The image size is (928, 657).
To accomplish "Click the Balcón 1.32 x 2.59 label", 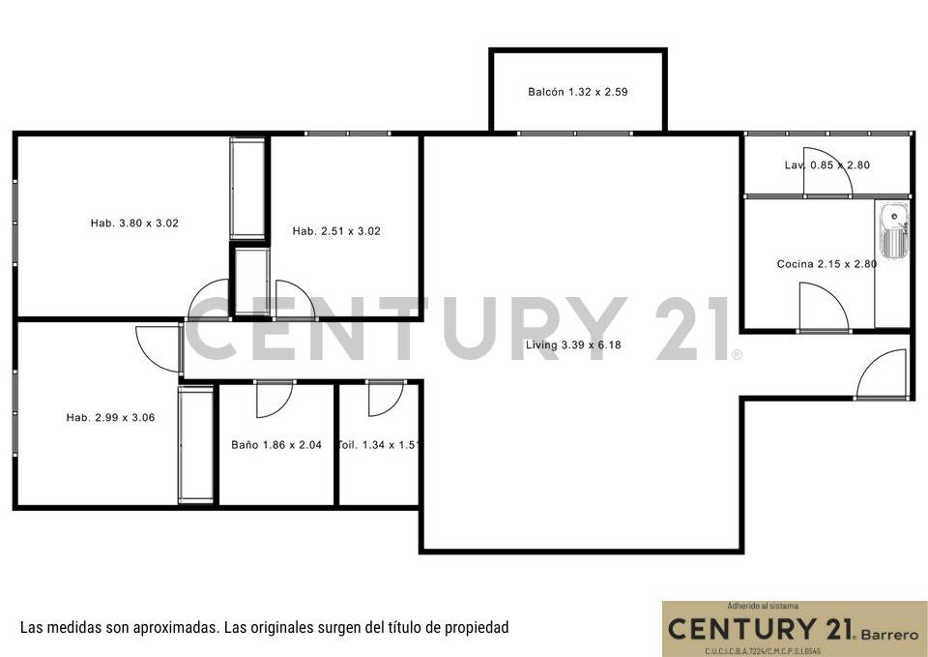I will click(578, 92).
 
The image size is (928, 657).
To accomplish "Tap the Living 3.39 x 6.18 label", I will click(573, 345).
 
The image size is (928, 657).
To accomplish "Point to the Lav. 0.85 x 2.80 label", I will click(826, 165).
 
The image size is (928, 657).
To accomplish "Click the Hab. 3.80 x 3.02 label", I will click(134, 224).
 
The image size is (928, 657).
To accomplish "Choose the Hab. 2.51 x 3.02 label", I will click(336, 231).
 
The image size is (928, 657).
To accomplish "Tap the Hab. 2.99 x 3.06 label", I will click(110, 418).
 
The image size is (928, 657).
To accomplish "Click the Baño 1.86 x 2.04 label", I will click(276, 446).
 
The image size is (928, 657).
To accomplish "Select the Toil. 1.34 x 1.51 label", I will click(378, 446).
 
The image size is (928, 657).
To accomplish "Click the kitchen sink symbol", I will click(893, 232).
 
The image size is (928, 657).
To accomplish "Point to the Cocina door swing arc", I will click(824, 307).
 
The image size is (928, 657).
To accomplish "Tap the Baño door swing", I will click(275, 398).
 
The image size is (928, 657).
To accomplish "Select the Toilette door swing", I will click(385, 398).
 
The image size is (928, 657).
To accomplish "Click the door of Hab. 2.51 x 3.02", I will click(295, 299).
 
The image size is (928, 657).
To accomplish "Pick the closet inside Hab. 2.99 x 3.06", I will click(196, 444).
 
